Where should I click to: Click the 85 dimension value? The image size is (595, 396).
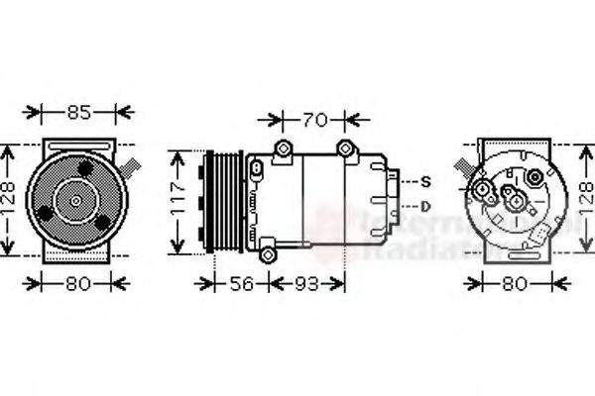tap(78, 113)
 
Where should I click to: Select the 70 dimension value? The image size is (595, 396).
tap(313, 121)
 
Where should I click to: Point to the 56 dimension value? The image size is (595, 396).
tap(242, 284)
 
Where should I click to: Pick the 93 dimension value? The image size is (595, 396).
tap(305, 284)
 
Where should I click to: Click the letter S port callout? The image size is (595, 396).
tap(425, 181)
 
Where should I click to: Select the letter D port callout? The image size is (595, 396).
tap(425, 206)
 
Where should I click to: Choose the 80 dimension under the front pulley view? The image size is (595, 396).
tap(78, 284)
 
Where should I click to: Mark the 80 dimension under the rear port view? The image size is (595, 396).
tap(514, 284)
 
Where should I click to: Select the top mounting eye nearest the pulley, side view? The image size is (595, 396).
tap(284, 150)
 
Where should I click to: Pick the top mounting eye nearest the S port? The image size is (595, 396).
tap(345, 149)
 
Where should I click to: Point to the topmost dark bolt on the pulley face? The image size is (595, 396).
tap(86, 169)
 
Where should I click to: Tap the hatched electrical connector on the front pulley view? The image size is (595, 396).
tap(129, 162)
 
